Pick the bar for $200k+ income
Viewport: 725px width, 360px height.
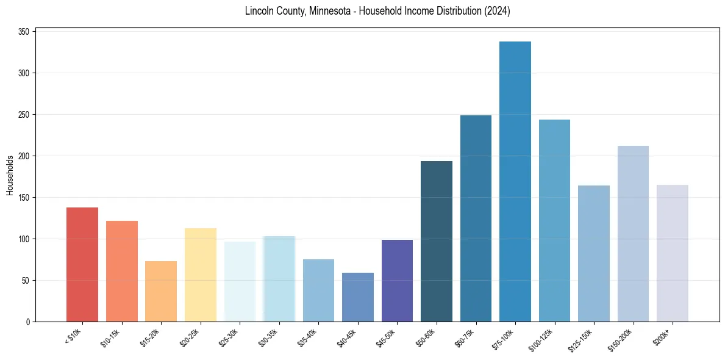click(672, 253)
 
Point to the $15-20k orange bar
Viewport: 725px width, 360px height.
click(161, 291)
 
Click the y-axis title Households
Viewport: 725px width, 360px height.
click(10, 175)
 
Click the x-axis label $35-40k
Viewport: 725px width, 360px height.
click(307, 336)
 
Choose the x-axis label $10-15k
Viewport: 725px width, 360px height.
click(110, 336)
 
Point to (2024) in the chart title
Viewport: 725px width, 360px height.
click(496, 11)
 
